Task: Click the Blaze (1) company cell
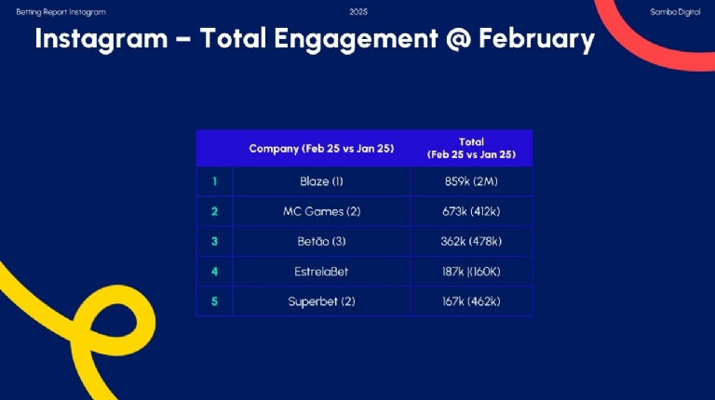(321, 181)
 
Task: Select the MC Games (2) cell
(321, 211)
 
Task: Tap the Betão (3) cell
(321, 241)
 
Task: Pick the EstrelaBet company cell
(321, 272)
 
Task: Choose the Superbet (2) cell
(321, 301)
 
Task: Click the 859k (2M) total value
(471, 181)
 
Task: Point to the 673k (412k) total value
(471, 211)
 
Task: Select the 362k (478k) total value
(471, 241)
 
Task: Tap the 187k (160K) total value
(471, 272)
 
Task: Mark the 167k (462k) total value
(471, 301)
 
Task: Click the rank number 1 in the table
(214, 181)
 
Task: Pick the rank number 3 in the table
(214, 241)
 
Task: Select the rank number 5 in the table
(214, 301)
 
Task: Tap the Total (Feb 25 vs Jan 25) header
(471, 148)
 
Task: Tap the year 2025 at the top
(358, 11)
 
